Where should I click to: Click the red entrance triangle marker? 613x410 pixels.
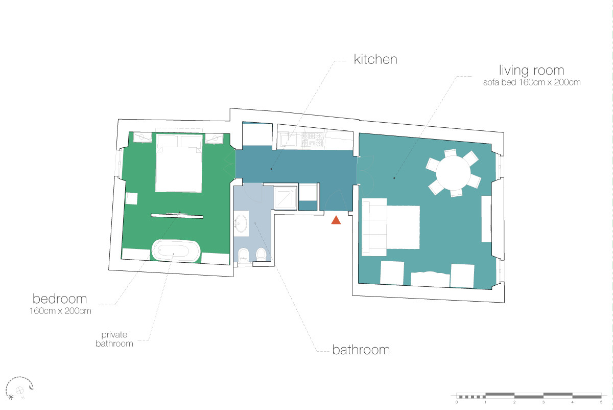click(x=336, y=220)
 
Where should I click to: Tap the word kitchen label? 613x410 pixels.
click(x=375, y=59)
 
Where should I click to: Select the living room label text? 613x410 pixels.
click(x=531, y=70)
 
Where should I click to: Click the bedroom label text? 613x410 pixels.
click(x=60, y=299)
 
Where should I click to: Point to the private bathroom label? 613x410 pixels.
click(x=114, y=339)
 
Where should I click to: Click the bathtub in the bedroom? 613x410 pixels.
click(x=176, y=250)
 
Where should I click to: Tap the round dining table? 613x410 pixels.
click(x=453, y=173)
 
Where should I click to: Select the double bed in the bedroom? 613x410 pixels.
click(x=179, y=163)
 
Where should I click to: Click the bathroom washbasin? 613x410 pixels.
click(x=241, y=223)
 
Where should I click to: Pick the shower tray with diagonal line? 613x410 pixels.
click(x=286, y=198)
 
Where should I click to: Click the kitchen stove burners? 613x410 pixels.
click(x=312, y=140)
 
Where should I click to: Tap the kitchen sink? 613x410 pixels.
click(x=287, y=141)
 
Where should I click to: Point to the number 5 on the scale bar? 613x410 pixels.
click(x=601, y=402)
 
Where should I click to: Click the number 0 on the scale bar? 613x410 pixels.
click(x=457, y=402)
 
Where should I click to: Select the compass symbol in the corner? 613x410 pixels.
click(x=19, y=389)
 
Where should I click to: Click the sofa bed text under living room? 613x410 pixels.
click(x=532, y=82)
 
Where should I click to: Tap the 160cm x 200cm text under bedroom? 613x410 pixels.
click(x=60, y=311)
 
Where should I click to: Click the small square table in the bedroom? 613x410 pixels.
click(x=131, y=198)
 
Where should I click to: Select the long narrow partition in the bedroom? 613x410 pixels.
click(x=177, y=216)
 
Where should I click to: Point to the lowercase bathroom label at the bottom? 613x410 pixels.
click(x=361, y=350)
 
